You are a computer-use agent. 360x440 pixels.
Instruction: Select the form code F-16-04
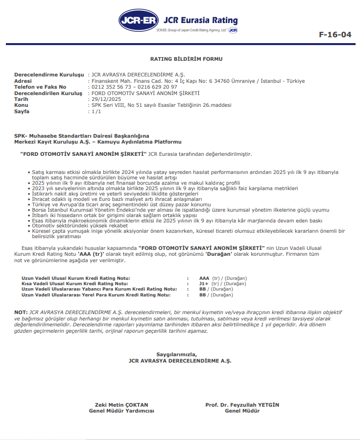pyautogui.click(x=335, y=34)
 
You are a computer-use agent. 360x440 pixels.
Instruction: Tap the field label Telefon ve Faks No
pyautogui.click(x=41, y=87)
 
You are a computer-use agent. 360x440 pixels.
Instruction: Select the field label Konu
pyautogui.click(x=22, y=105)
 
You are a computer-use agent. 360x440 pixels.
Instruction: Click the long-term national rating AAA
pyautogui.click(x=205, y=278)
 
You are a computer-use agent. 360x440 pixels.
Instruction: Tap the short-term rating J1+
pyautogui.click(x=204, y=284)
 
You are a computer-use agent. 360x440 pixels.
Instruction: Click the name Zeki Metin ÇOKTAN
pyautogui.click(x=121, y=405)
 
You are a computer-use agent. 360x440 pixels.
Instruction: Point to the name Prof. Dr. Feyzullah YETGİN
pyautogui.click(x=242, y=405)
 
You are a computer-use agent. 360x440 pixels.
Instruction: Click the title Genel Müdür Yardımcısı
pyautogui.click(x=121, y=411)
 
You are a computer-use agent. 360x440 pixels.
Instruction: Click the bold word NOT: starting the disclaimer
pyautogui.click(x=21, y=312)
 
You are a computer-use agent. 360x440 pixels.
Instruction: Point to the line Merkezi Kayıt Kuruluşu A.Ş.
pyautogui.click(x=98, y=142)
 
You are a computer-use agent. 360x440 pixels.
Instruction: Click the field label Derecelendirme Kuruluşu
pyautogui.click(x=49, y=74)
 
